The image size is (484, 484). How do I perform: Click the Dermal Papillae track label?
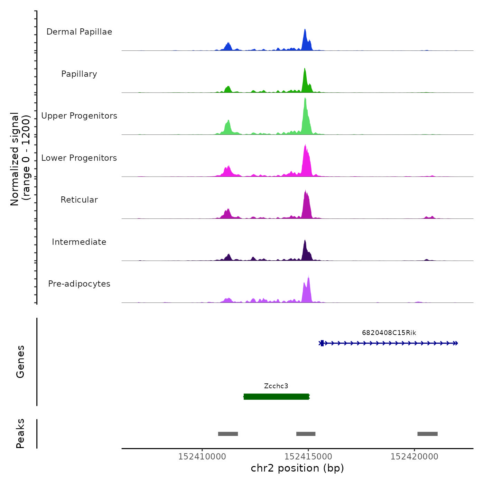point(79,32)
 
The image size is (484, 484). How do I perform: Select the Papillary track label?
point(79,74)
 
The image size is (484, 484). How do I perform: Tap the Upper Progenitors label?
point(79,116)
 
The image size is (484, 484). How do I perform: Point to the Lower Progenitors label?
point(79,158)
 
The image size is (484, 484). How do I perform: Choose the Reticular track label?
point(79,200)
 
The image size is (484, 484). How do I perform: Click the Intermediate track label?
point(79,242)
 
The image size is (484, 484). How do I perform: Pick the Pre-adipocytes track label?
point(79,284)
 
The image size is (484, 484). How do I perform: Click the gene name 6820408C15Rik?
point(389,333)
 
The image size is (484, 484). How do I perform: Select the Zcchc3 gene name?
point(276,386)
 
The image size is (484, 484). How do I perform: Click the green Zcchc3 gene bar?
point(276,397)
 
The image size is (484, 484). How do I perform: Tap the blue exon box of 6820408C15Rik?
point(322,343)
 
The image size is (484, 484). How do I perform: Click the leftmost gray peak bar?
point(228,434)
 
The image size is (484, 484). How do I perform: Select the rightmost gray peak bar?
point(427,434)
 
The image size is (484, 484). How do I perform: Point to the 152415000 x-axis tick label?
point(308,457)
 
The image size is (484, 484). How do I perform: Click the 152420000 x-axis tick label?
point(414,457)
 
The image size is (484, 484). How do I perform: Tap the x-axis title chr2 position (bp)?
point(297,468)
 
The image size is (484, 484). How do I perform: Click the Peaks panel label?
point(20,434)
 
